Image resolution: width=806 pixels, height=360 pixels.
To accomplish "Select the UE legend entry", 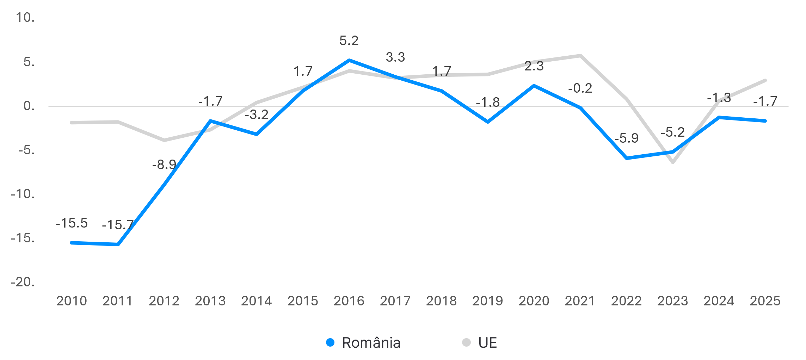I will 480,343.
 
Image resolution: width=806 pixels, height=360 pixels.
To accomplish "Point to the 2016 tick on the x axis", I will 349,301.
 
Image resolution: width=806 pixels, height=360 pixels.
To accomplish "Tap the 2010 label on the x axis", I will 72,301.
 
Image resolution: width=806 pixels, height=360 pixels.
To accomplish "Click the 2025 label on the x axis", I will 765,301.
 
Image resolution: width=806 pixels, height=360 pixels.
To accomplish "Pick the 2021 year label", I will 580,301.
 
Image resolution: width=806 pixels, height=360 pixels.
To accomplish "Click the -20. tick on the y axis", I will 23,282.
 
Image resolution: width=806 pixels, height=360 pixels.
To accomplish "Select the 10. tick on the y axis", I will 25,18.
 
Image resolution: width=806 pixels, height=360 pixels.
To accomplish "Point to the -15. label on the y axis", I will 23,238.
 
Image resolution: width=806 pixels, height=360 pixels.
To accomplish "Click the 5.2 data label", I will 349,41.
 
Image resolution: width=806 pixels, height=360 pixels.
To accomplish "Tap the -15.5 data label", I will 72,223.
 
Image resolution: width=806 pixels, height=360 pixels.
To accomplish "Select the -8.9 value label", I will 164,164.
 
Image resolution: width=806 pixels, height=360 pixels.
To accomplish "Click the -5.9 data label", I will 627,138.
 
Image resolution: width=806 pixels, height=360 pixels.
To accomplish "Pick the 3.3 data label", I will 395,57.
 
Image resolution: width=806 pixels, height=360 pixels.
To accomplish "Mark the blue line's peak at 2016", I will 349,60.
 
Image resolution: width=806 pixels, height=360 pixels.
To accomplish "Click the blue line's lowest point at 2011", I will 118,244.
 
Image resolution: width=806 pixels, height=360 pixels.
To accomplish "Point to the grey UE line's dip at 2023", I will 673,162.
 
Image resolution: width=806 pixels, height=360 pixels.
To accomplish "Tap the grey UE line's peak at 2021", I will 580,55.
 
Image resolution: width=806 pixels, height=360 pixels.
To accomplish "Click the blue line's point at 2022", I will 627,158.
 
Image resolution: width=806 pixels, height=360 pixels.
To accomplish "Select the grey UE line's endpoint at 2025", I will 765,80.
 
